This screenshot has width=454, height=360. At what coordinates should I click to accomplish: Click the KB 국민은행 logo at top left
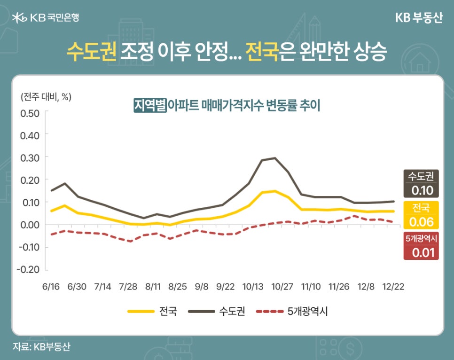46,17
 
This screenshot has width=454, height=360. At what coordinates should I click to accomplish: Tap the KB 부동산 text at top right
419,17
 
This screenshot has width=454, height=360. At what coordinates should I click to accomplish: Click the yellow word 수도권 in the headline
91,52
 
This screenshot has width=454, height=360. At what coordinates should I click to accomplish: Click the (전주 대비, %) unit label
46,97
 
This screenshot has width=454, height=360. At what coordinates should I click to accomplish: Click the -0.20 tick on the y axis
28,270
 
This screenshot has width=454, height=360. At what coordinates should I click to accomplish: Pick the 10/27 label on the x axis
283,286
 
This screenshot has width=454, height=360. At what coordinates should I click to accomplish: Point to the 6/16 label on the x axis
51,286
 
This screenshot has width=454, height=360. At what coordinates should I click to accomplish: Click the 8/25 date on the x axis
178,286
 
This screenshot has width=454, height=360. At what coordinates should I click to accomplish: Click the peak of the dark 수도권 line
275,158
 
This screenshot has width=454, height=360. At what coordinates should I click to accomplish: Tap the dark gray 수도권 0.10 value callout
421,184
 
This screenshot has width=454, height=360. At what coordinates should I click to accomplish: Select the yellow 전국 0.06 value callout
421,215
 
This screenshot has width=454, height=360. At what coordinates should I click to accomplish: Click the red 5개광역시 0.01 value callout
421,246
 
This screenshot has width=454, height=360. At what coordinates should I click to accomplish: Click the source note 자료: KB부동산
41,347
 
